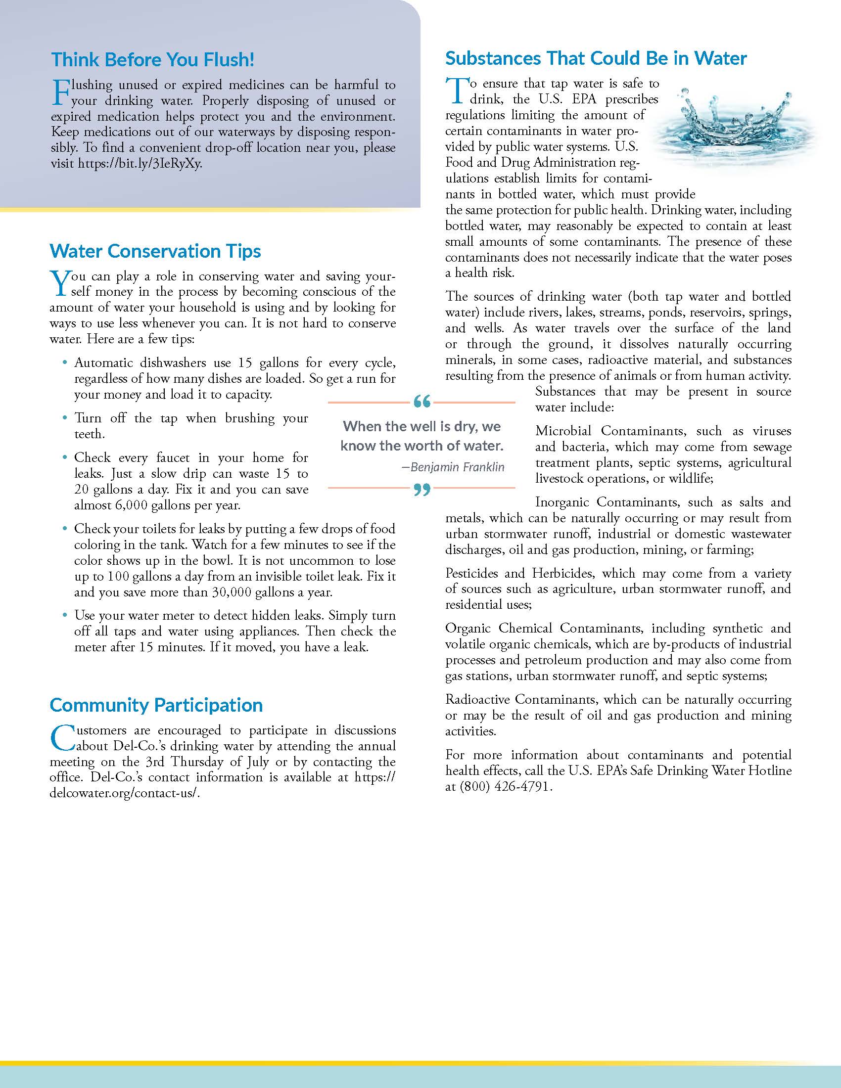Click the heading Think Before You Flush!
152,60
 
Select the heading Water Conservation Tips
155,251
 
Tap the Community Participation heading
156,705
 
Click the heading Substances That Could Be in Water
596,58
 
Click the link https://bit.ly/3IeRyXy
140,164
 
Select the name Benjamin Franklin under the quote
457,467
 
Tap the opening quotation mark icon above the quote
421,402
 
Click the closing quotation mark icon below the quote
421,491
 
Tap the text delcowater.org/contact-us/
124,794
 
